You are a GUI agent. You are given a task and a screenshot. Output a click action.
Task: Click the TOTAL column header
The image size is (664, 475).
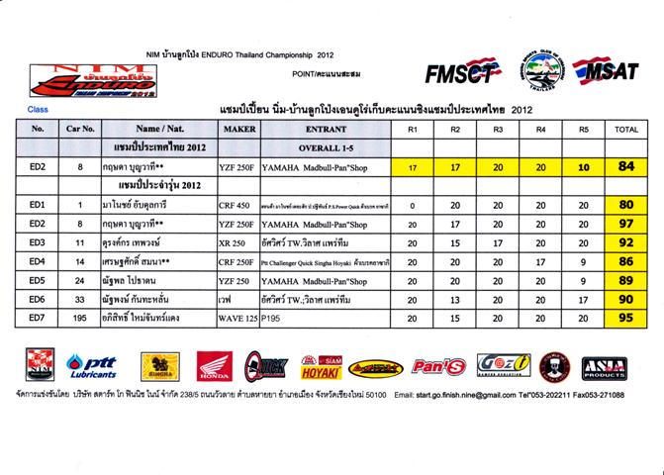click(625, 129)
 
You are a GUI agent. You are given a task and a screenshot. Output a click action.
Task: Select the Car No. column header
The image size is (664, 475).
click(80, 129)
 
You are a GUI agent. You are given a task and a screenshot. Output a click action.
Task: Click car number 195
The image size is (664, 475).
click(80, 319)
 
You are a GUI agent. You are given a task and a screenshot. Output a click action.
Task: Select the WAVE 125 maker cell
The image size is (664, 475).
click(238, 319)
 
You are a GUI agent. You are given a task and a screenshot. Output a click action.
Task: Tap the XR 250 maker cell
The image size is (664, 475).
click(238, 242)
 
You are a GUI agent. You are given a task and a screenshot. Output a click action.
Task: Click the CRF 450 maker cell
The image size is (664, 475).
click(238, 205)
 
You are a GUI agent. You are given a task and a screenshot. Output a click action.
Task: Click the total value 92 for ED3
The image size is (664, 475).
click(625, 242)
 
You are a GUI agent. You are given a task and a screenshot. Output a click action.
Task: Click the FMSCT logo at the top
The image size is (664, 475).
click(461, 72)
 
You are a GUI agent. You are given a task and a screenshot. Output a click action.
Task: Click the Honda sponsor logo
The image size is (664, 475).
click(214, 367)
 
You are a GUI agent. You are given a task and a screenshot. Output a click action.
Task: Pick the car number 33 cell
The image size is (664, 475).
click(80, 300)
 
